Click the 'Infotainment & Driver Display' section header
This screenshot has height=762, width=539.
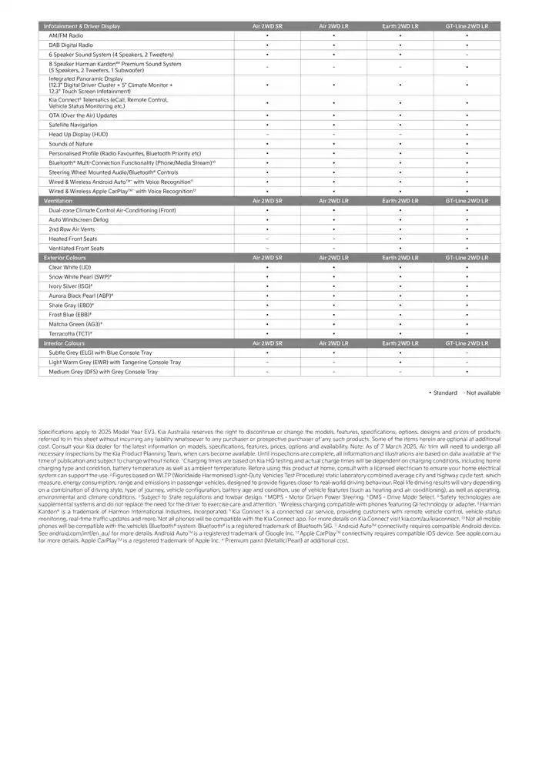coord(82,26)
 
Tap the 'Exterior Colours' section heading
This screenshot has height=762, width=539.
coord(65,258)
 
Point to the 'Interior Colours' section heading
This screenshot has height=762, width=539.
coord(64,343)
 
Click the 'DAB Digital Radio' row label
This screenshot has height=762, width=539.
coord(70,45)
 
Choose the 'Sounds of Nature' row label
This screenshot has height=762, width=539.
coord(70,144)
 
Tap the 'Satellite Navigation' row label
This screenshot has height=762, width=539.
coord(73,125)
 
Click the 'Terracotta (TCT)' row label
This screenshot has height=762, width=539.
coord(71,333)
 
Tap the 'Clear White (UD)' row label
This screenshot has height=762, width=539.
coord(69,267)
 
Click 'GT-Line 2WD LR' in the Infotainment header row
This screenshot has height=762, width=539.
coord(467,26)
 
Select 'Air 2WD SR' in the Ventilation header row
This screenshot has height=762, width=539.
coord(267,200)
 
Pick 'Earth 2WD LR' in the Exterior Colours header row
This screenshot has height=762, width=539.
coord(400,258)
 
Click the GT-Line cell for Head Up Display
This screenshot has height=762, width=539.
coord(467,134)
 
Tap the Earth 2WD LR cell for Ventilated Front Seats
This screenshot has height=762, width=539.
coord(400,248)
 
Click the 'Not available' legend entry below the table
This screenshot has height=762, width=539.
coord(482,393)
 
